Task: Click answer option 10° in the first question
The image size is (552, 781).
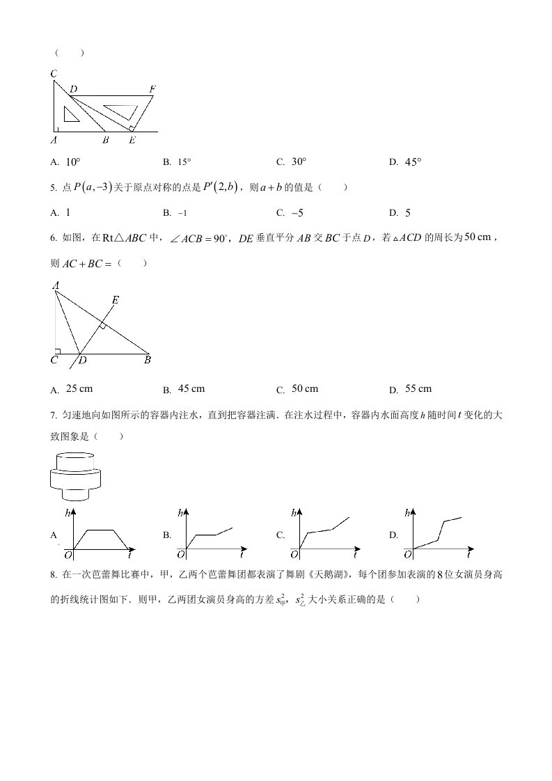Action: pos(73,162)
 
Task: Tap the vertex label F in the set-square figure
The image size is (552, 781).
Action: pos(152,89)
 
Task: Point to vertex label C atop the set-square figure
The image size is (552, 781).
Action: pos(54,74)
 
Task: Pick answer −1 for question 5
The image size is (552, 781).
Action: pos(183,213)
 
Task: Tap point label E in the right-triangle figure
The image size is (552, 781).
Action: pos(116,300)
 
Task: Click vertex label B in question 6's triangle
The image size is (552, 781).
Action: pos(148,361)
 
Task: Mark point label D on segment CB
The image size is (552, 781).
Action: pos(82,361)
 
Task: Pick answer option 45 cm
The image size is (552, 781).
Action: pos(191,388)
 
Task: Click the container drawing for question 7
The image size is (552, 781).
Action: pos(76,475)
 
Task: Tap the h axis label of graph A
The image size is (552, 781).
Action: pos(68,513)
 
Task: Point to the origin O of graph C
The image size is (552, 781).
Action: pos(294,555)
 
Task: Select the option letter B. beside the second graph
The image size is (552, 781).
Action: pos(167,535)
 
